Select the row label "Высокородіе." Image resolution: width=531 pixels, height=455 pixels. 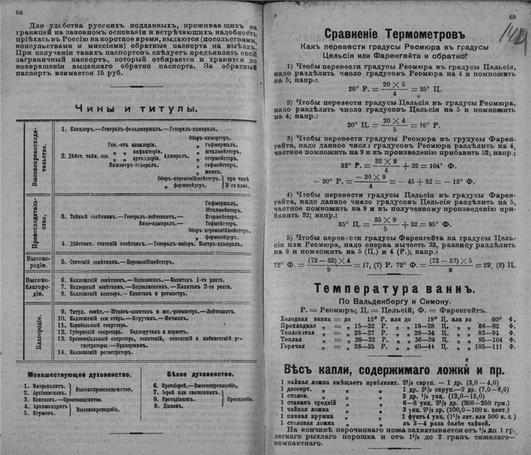pyautogui.click(x=38, y=260)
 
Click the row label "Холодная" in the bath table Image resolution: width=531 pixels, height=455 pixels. pyautogui.click(x=299, y=319)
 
